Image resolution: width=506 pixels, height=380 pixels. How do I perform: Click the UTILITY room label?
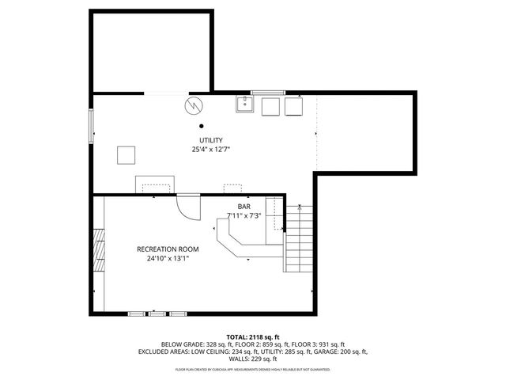pyautogui.click(x=210, y=140)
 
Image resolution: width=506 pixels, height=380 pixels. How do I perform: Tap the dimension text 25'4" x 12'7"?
pyautogui.click(x=210, y=149)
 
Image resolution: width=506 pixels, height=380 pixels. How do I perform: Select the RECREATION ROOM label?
pyautogui.click(x=168, y=249)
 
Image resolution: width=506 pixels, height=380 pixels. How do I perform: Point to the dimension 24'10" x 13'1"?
pyautogui.click(x=168, y=258)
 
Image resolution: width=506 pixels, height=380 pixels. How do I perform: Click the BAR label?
pyautogui.click(x=244, y=206)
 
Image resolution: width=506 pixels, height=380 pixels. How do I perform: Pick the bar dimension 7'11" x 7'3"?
pyautogui.click(x=244, y=215)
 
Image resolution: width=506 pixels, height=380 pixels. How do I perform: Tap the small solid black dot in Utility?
pyautogui.click(x=202, y=125)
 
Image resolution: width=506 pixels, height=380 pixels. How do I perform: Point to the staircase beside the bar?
pyautogui.click(x=299, y=237)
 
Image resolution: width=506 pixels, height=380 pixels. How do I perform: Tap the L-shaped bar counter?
pyautogui.click(x=237, y=241)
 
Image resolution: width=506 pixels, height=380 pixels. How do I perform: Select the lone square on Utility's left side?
pyautogui.click(x=126, y=154)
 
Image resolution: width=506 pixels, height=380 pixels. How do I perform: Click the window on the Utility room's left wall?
pyautogui.click(x=91, y=127)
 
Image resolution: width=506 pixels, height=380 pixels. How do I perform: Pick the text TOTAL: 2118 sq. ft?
pyautogui.click(x=252, y=336)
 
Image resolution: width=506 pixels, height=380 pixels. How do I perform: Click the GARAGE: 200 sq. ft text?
pyautogui.click(x=341, y=351)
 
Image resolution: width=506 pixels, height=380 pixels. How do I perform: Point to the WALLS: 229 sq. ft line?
pyautogui.click(x=252, y=358)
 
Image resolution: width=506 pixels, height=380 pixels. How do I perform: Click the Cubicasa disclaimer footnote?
pyautogui.click(x=252, y=369)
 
